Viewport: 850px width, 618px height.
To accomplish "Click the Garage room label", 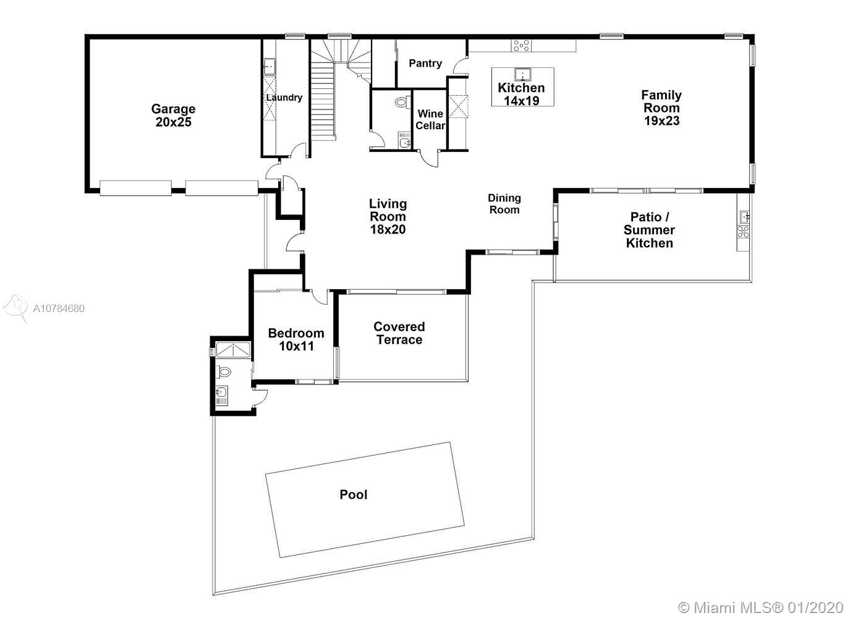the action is (x=174, y=116).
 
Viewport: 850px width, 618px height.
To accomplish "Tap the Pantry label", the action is (x=425, y=64).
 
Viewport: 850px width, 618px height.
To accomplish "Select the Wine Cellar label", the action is (x=430, y=119).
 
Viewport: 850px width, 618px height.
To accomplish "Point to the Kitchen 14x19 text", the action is (x=521, y=94).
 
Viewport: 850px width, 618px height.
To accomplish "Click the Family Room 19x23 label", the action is (x=661, y=108).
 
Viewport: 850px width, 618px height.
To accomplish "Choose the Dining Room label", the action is (x=504, y=204).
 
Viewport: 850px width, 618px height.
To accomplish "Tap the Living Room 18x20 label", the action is (x=388, y=216).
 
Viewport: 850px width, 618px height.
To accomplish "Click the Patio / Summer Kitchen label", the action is (x=649, y=230).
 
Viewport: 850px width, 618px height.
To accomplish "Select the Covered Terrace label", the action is (x=399, y=333).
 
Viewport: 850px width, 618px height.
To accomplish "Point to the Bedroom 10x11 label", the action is (x=296, y=339).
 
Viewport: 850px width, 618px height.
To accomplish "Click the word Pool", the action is (x=353, y=494).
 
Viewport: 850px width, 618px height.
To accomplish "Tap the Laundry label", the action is (x=284, y=98).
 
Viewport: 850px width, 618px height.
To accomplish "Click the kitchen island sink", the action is (x=523, y=74).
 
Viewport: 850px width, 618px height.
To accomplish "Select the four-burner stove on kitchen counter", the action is (x=521, y=46).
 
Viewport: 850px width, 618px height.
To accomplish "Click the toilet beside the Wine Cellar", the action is (x=403, y=102).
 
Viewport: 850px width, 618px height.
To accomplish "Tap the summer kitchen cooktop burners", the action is (x=744, y=232).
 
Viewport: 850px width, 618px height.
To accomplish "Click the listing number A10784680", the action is (x=59, y=308).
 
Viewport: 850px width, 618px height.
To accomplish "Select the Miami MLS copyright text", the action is (x=760, y=607).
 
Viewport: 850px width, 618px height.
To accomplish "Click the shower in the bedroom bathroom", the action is (x=233, y=349).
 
